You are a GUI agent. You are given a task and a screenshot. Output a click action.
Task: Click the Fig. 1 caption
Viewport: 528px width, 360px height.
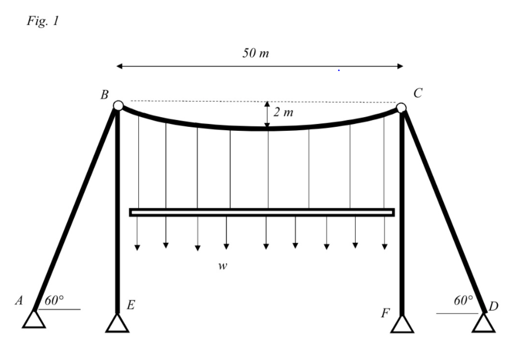43,22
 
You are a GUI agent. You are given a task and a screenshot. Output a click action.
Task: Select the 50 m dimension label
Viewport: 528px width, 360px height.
256,53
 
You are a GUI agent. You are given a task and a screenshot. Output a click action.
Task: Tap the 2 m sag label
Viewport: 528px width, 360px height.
283,112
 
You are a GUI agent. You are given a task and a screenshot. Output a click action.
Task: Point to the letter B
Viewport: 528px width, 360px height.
105,95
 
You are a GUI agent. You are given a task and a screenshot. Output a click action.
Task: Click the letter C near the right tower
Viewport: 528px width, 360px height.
418,94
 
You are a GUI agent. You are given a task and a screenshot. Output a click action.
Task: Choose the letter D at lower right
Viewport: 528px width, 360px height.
493,307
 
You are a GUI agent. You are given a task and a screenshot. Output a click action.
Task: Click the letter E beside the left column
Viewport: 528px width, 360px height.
130,305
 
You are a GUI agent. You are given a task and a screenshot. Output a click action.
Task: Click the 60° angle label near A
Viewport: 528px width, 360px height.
55,301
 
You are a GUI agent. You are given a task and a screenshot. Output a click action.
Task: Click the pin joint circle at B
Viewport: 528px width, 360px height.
118,105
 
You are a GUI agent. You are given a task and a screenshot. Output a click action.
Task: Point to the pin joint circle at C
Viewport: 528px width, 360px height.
401,107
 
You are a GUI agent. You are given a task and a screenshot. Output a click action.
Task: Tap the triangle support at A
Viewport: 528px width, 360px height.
34,320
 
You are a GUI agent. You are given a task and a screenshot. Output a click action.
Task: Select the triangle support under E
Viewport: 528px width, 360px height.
117,324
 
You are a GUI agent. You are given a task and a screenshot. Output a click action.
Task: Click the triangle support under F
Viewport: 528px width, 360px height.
402,324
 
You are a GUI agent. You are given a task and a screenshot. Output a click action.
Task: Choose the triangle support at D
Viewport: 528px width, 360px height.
484,323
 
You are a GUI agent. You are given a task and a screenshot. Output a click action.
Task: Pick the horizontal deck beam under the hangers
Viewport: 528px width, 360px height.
262,212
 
